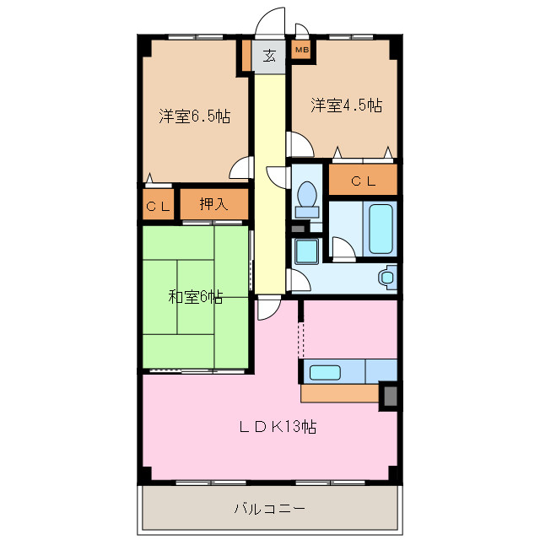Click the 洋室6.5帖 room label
pos(195,116)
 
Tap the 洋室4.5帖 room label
pos(347,105)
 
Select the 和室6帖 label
pos(195,296)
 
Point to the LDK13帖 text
pos(278,427)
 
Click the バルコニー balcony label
pos(270,508)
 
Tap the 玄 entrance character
pos(269,56)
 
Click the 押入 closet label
pos(213,204)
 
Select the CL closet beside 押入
pos(158,206)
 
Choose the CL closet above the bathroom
pos(364,181)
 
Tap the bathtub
pos(381,229)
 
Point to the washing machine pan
pos(306,251)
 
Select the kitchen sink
pos(325,372)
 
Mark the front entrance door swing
pos(270,21)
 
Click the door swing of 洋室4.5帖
pos(300,144)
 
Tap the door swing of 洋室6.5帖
pos(241,168)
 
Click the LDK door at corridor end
pos(269,307)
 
